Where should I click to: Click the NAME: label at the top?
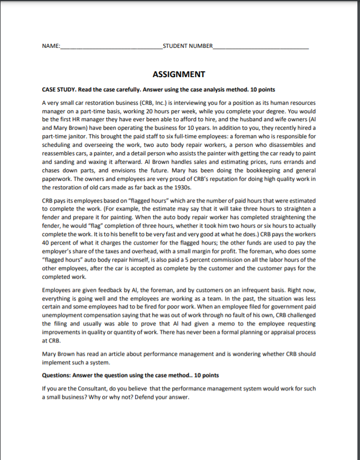[51, 46]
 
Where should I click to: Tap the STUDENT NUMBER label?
[187, 46]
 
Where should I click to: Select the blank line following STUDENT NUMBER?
[260, 47]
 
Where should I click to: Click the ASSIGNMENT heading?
[179, 74]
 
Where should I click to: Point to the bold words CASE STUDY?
[60, 89]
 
